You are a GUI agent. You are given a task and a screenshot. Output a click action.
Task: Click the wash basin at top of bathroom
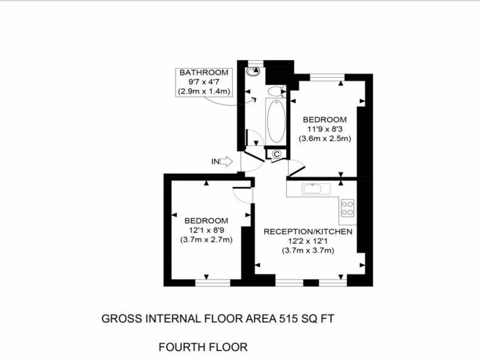[x=254, y=71]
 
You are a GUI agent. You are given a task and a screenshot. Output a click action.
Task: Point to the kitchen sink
[x=313, y=189]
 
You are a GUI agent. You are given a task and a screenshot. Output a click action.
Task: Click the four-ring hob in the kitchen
[x=347, y=208]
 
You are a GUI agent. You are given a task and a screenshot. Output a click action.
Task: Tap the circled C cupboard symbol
[x=276, y=153]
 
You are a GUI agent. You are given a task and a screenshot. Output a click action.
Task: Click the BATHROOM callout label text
[x=204, y=73]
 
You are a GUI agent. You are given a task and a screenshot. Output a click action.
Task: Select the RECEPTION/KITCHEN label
[x=307, y=232]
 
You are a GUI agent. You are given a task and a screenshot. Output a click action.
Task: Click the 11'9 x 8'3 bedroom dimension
[x=325, y=129]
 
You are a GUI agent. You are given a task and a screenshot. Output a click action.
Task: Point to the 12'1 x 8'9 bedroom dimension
[x=206, y=230]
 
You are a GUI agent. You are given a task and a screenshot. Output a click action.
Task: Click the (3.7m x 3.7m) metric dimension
[x=307, y=251]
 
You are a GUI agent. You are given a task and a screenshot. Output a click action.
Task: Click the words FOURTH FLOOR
[x=203, y=347]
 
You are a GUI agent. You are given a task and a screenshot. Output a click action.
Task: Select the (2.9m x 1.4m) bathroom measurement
[x=204, y=91]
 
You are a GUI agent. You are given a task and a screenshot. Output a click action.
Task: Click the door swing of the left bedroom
[x=243, y=195]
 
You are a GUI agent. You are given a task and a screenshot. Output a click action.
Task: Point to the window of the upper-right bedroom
[x=328, y=77]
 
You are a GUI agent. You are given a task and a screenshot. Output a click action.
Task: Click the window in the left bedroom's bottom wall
[x=213, y=283]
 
